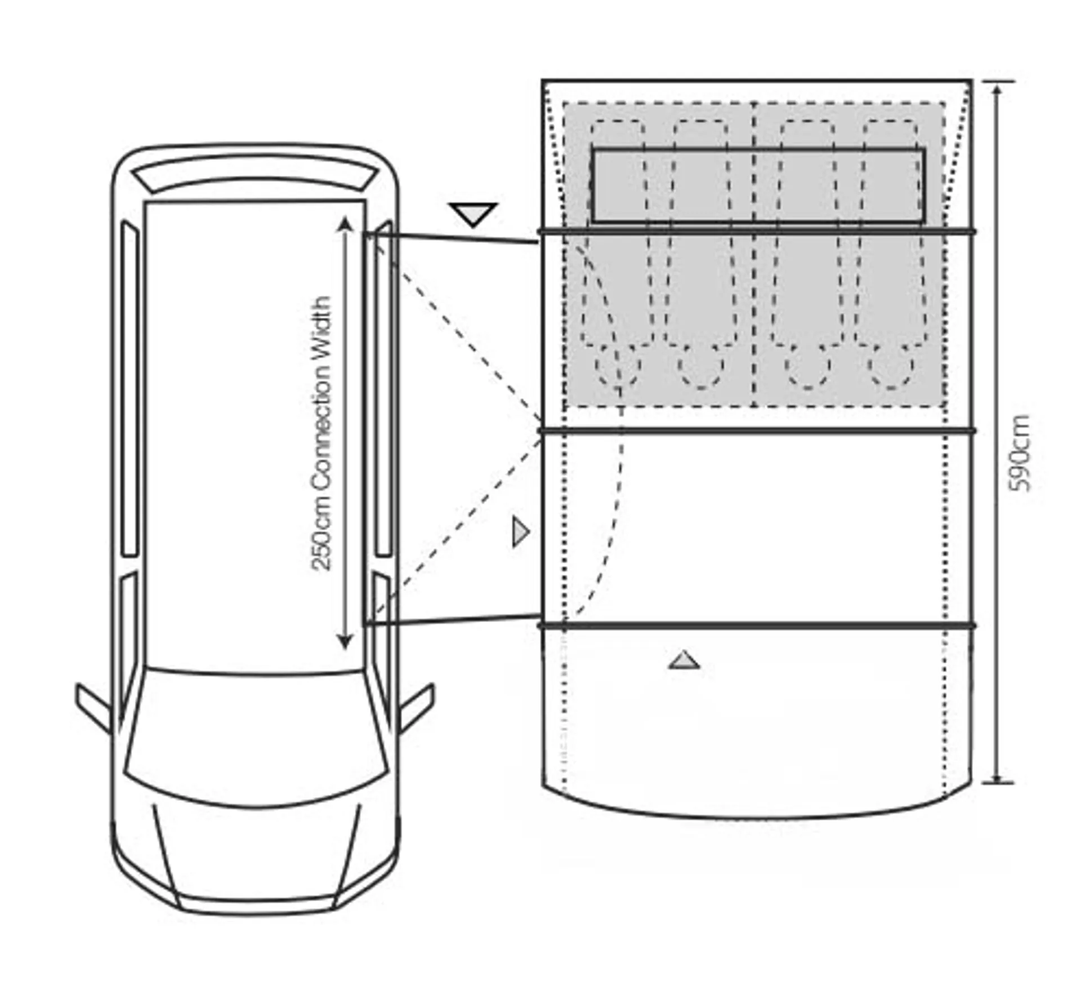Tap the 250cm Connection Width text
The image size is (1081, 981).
(322, 434)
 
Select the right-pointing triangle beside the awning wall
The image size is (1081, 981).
(520, 532)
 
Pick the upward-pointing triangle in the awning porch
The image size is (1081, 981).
(684, 660)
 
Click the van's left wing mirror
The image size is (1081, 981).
(93, 708)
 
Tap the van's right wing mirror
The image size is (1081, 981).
(417, 708)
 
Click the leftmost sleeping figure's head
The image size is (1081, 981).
(618, 366)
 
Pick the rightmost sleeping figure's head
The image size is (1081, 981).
(891, 366)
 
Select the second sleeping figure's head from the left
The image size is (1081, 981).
(700, 366)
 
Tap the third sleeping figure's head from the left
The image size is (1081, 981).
(807, 366)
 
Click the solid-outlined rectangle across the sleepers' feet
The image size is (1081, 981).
(758, 185)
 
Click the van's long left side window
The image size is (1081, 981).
(130, 389)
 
